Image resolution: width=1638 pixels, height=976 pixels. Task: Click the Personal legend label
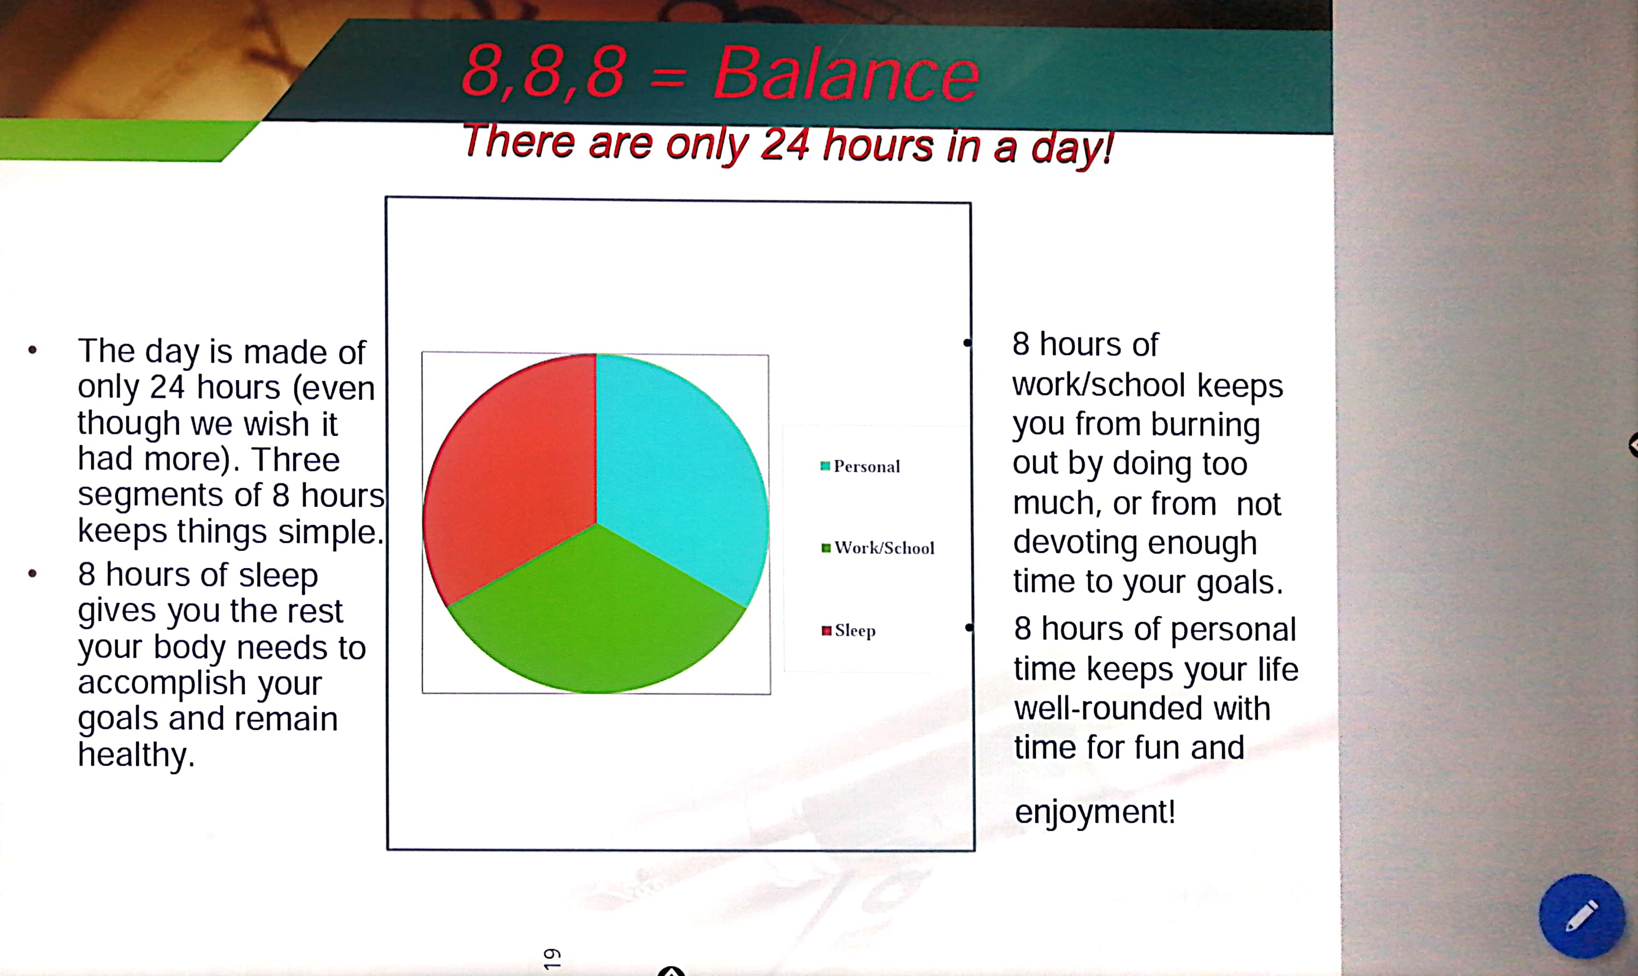coord(867,466)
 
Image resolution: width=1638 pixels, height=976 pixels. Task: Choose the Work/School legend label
coord(884,548)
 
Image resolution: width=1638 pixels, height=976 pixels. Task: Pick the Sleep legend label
coord(854,631)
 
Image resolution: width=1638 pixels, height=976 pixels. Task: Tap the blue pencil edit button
coord(1581,915)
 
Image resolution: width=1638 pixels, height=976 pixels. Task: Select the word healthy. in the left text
coord(136,754)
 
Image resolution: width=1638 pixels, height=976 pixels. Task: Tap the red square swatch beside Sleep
coord(826,631)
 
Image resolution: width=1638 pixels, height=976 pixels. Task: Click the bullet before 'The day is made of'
coord(32,350)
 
